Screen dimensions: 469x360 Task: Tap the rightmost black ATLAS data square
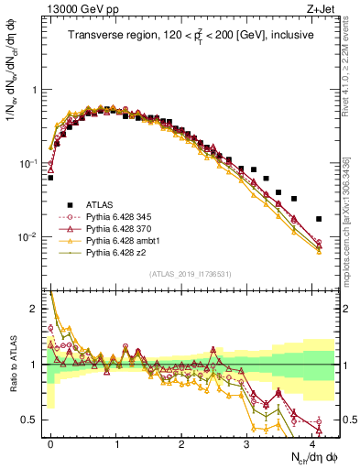tap(318, 219)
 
